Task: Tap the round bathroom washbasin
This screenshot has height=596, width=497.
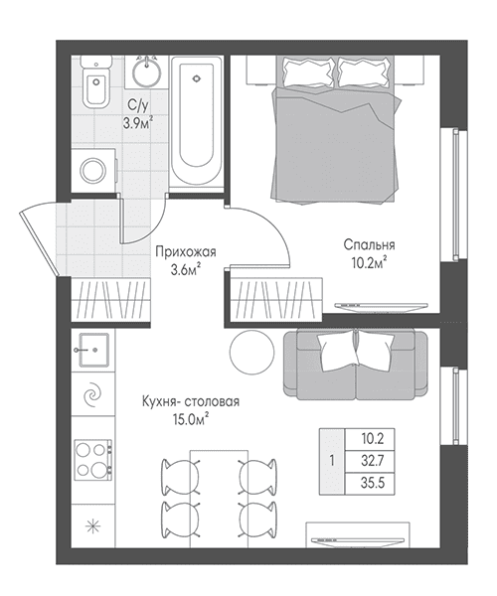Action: [146, 72]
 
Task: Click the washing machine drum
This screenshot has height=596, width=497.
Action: [93, 171]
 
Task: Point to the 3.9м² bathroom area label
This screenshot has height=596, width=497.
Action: [137, 123]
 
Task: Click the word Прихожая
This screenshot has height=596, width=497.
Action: [186, 251]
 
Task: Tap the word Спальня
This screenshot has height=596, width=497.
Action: [369, 244]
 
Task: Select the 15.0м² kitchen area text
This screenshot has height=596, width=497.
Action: [191, 419]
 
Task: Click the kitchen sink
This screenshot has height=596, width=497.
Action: [93, 350]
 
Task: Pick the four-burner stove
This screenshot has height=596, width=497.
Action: [93, 460]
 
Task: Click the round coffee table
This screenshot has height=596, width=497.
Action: [251, 352]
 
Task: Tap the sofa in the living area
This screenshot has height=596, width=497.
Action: [355, 365]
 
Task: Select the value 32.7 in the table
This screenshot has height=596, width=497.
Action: [373, 461]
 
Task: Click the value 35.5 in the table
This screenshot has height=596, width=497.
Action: [373, 483]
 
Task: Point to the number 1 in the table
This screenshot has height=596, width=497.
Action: [332, 461]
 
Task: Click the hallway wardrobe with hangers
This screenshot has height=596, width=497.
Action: [111, 300]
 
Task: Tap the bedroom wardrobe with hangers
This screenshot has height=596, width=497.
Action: [277, 300]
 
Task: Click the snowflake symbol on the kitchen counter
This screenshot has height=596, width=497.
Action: [93, 526]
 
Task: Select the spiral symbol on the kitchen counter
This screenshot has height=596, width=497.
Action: [93, 395]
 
